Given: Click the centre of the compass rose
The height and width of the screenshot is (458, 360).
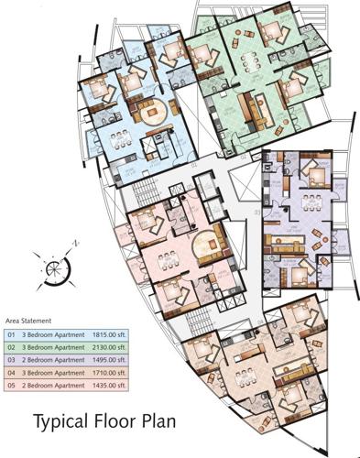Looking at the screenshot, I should (x=52, y=267).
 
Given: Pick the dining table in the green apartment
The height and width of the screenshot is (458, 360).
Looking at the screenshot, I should (x=247, y=60).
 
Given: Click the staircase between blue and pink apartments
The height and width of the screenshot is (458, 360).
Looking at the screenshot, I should (x=146, y=192).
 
